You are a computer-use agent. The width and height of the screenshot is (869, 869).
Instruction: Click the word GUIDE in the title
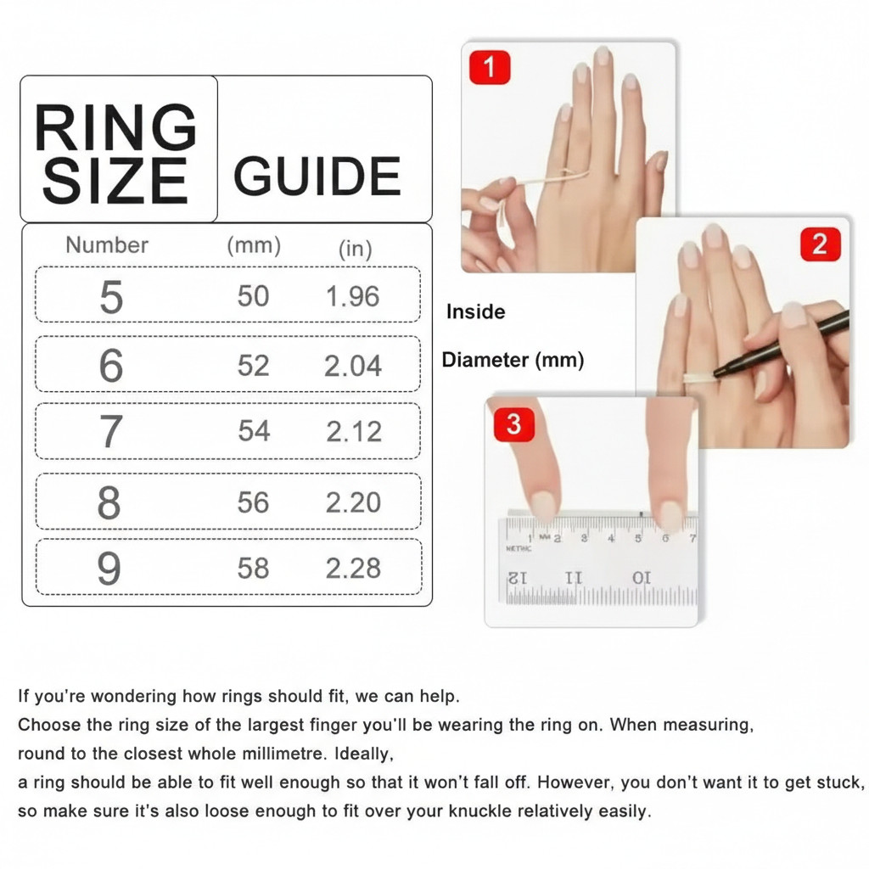point(317,176)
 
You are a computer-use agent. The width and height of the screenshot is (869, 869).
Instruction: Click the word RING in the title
point(115,129)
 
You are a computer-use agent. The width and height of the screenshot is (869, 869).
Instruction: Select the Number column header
point(107,245)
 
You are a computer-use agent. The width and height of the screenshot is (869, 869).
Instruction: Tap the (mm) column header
point(254,245)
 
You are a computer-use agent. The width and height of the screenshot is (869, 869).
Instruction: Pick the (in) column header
point(356,249)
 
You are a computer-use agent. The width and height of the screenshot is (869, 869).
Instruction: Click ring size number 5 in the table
point(111,297)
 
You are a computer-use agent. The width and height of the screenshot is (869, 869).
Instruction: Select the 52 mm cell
point(254,366)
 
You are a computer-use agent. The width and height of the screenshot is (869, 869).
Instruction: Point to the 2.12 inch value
point(354,431)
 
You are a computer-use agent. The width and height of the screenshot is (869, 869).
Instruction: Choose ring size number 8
point(109,503)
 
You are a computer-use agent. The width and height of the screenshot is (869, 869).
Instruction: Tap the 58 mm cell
point(254,568)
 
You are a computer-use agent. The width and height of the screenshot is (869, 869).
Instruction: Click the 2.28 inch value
point(354,568)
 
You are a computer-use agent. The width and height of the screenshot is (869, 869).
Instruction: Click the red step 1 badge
point(490,67)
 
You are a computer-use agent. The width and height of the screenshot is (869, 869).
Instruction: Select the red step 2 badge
point(820,244)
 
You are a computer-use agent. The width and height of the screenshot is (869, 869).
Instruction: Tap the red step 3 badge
point(513,423)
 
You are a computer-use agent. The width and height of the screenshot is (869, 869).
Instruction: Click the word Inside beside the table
point(475,312)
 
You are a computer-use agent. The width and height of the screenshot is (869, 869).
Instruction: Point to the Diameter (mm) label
point(513,360)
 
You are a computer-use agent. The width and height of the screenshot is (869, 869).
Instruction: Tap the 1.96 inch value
point(353,296)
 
